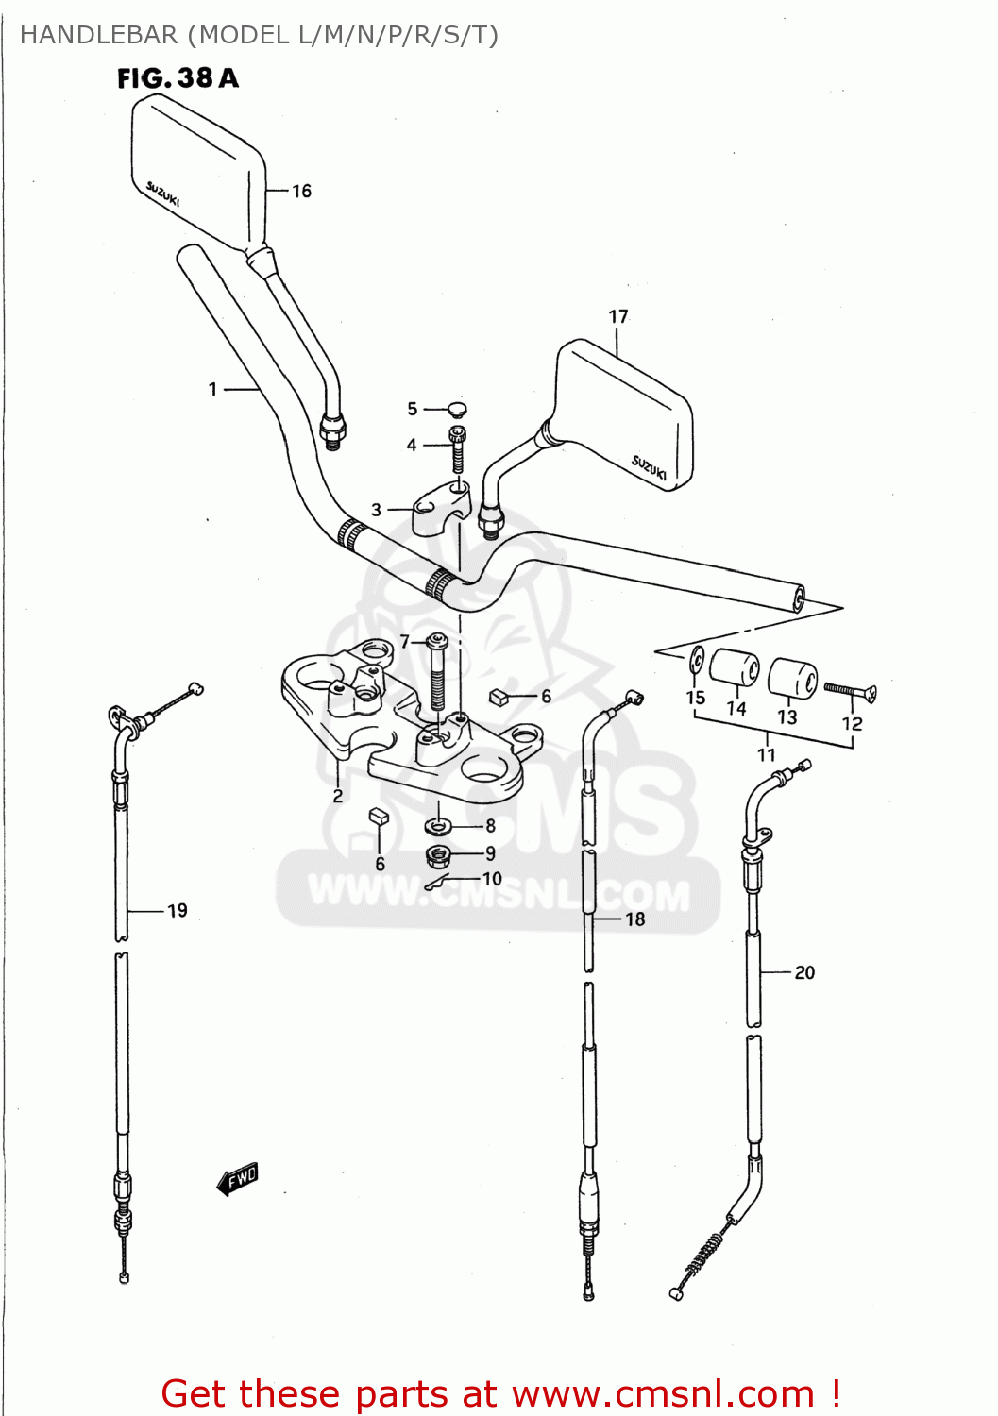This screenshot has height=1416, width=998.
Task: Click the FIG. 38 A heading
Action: coord(178,78)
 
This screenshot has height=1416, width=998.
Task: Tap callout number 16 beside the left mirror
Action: coord(301,192)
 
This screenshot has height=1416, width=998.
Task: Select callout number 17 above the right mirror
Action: coord(618,317)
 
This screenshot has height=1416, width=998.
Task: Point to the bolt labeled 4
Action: coord(458,447)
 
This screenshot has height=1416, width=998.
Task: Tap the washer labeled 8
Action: coord(438,827)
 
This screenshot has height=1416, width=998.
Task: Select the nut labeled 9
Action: coord(438,855)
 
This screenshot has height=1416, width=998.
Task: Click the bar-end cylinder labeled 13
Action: coord(792,678)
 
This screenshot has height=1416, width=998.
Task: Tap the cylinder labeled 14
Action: coord(735,669)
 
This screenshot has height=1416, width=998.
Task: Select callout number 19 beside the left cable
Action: coord(178,911)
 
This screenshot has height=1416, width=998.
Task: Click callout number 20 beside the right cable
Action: coord(804,972)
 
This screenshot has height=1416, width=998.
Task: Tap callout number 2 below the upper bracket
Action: coord(338,796)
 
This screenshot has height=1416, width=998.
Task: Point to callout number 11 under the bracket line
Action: coord(767,755)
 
